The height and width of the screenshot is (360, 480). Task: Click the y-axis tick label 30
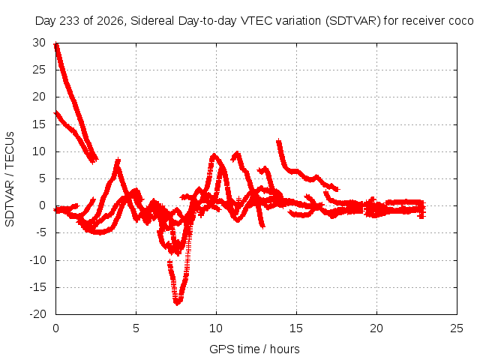tap(39, 43)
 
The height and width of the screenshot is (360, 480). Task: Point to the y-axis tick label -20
tap(38, 314)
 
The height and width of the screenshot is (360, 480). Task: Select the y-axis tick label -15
tap(38, 287)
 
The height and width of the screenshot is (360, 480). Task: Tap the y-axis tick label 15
tap(39, 124)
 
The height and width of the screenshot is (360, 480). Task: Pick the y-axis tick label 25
tap(39, 70)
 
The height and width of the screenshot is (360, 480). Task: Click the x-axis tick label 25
tap(457, 328)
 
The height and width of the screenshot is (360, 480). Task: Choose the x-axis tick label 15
tap(296, 328)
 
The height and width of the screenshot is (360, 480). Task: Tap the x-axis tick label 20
tap(376, 328)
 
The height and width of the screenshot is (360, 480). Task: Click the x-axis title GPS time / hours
tap(254, 349)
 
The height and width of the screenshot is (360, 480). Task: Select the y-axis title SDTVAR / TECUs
tap(10, 179)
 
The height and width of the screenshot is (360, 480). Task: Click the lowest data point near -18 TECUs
tap(177, 302)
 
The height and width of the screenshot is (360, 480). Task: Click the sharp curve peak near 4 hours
tap(118, 160)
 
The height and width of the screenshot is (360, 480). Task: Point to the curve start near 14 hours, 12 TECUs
tap(279, 142)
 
